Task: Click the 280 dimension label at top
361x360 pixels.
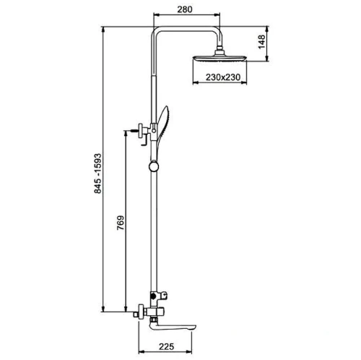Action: click(185, 9)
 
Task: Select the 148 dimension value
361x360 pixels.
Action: click(262, 42)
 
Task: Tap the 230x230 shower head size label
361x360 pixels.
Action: click(223, 77)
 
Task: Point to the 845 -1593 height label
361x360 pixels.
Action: click(98, 173)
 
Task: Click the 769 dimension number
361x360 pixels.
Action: click(121, 223)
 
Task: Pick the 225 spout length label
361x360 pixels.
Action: click(166, 347)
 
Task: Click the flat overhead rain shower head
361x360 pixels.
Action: click(219, 59)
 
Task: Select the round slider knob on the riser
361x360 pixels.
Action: click(154, 167)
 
